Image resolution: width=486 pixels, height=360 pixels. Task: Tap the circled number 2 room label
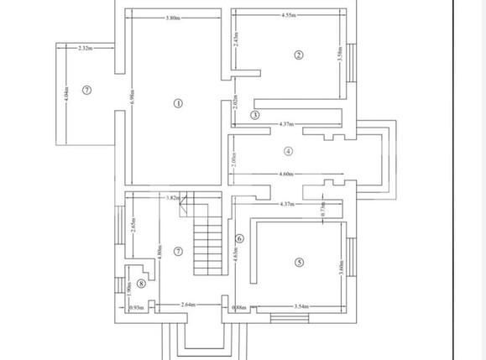click(297, 55)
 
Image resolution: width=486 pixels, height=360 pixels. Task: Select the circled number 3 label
click(255, 115)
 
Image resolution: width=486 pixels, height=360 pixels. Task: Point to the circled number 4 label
click(288, 152)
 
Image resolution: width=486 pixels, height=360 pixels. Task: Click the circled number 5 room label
click(299, 262)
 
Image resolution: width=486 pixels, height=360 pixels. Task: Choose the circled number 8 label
click(141, 284)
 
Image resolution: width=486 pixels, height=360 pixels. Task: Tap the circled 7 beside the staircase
click(178, 252)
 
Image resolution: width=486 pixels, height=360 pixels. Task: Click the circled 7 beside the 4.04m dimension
click(86, 90)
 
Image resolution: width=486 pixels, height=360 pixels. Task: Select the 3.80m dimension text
click(172, 18)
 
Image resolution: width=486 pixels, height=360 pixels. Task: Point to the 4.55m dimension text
click(290, 15)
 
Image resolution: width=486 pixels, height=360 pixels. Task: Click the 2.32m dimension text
click(84, 49)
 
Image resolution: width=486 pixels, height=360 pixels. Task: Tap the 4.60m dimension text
click(286, 175)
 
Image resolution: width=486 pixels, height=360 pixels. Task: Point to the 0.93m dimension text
click(135, 307)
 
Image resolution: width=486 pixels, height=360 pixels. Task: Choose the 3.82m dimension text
click(173, 198)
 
